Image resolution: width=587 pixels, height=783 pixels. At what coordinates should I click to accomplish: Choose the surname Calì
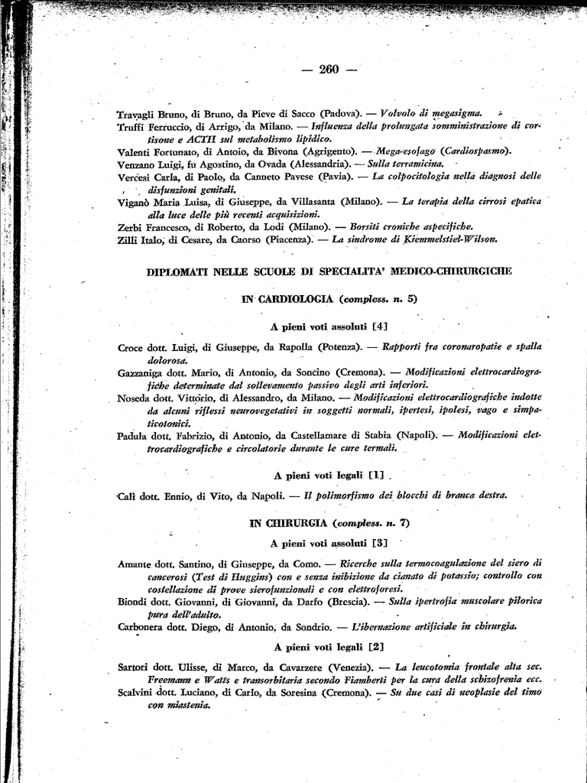pyautogui.click(x=128, y=495)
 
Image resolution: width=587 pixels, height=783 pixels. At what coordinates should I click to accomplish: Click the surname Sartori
pyautogui.click(x=135, y=667)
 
